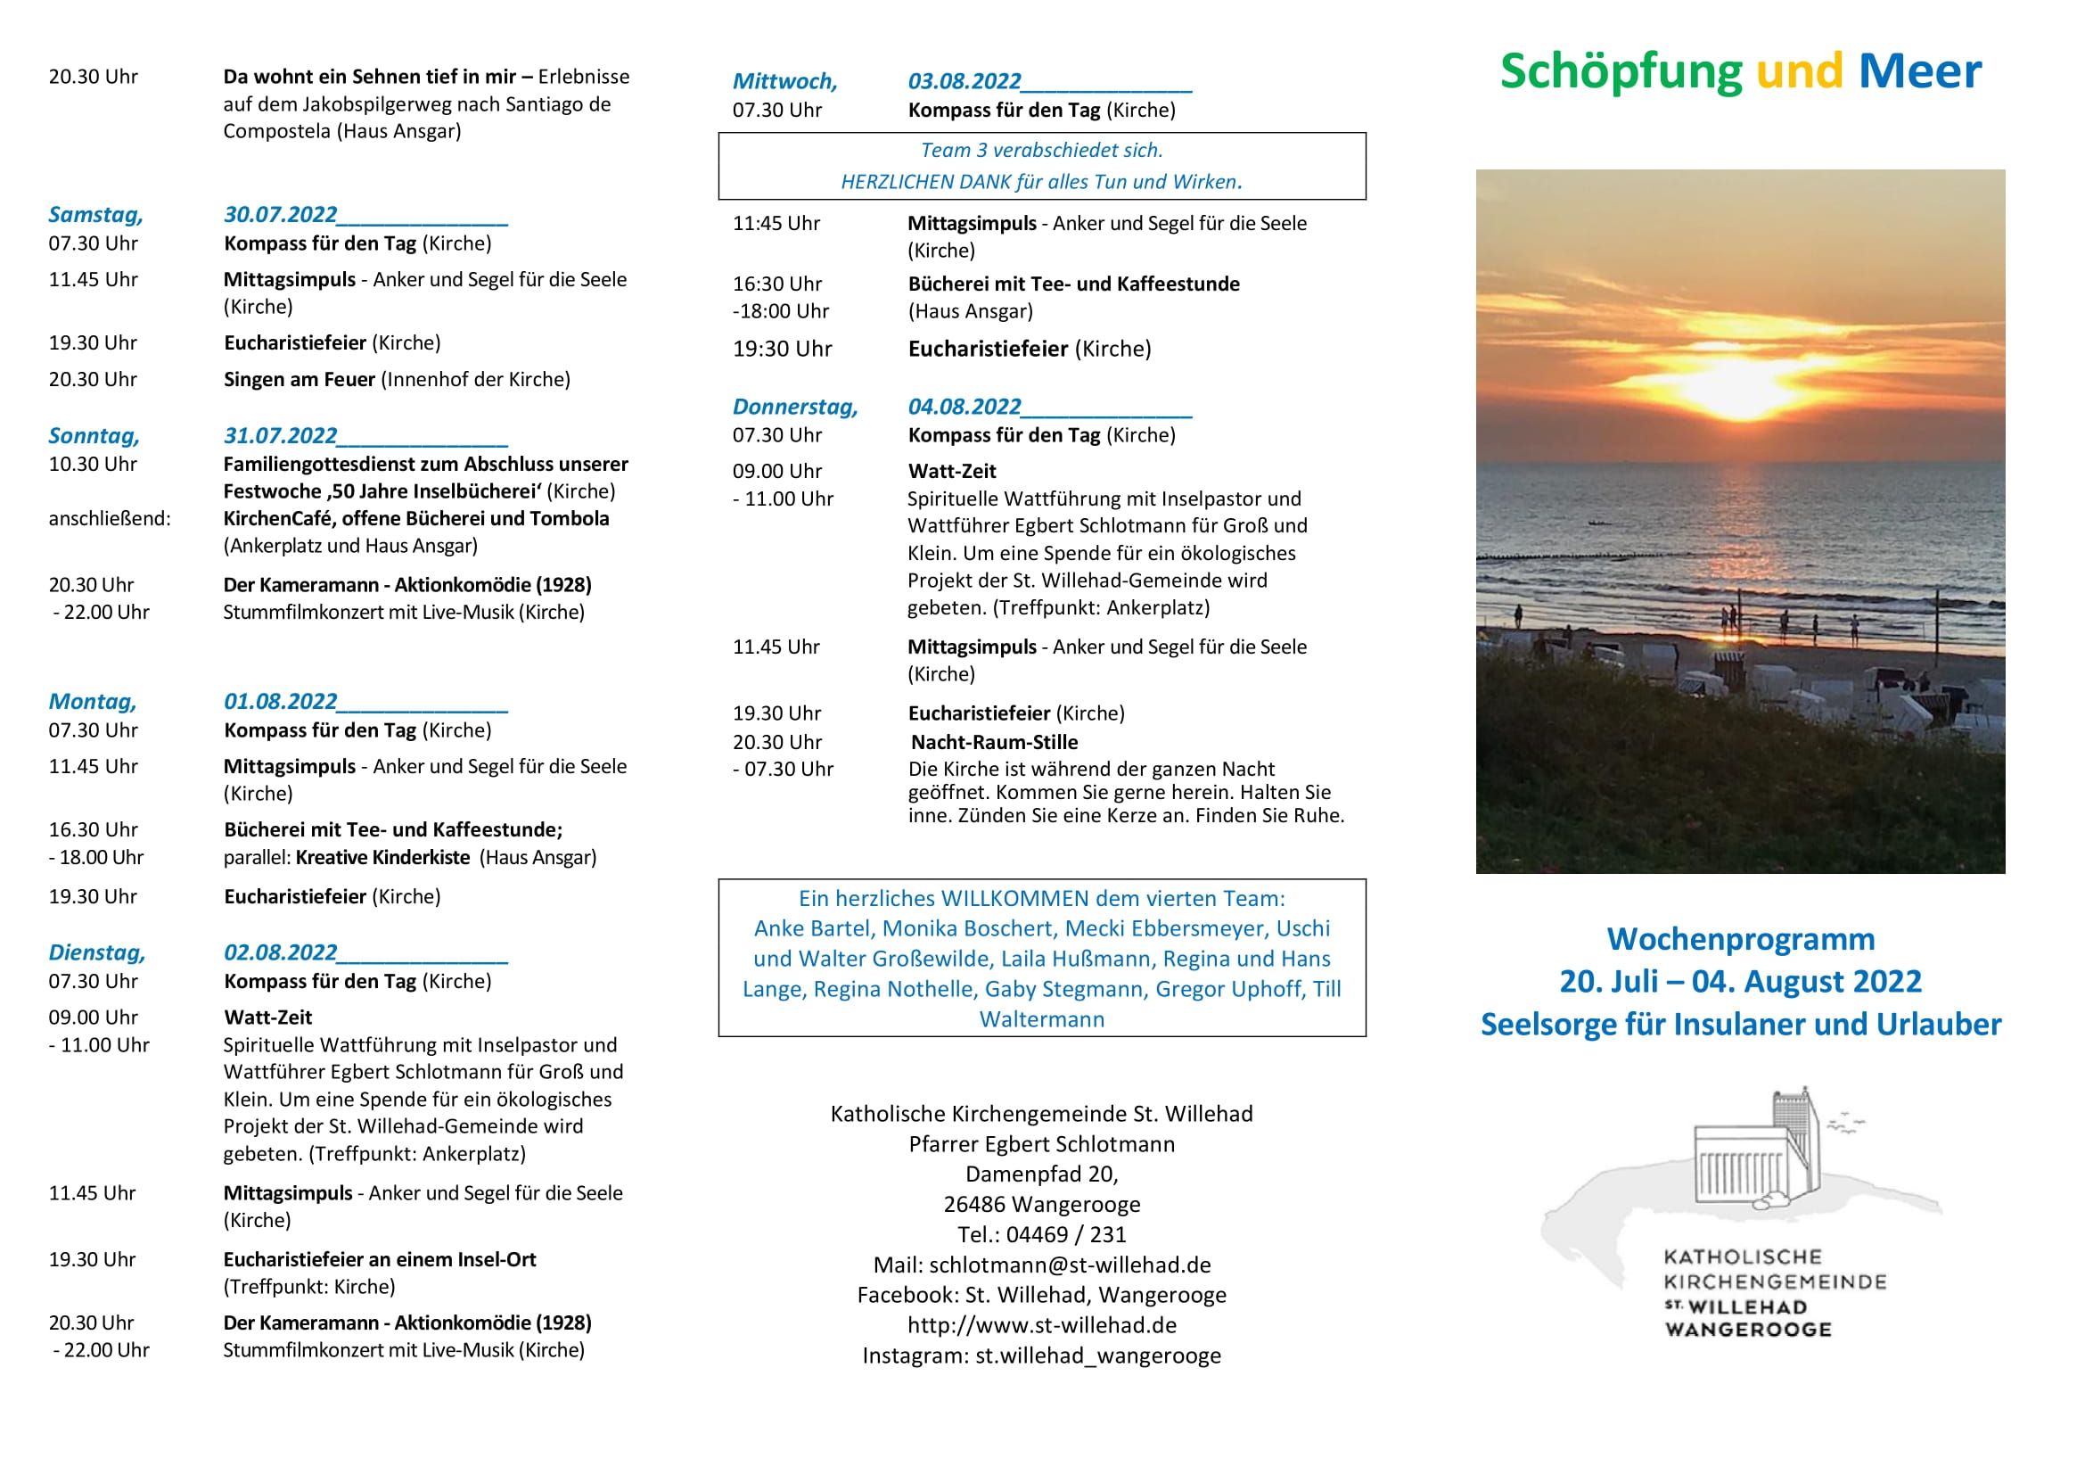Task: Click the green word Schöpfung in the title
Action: point(1620,71)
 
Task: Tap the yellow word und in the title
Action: point(1799,71)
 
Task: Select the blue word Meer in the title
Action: point(1919,71)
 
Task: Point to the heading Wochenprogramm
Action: point(1740,938)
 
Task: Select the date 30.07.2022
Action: point(280,214)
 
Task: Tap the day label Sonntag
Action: point(94,436)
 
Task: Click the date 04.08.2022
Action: point(965,407)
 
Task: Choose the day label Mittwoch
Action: point(784,82)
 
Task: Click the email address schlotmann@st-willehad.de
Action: point(1070,1265)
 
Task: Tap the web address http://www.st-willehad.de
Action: point(1041,1325)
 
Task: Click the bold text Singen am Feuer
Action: point(299,380)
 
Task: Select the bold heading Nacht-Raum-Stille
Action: point(995,742)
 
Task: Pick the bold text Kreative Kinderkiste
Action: point(382,857)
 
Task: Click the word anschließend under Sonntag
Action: point(109,519)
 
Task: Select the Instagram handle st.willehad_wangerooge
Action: point(1098,1356)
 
